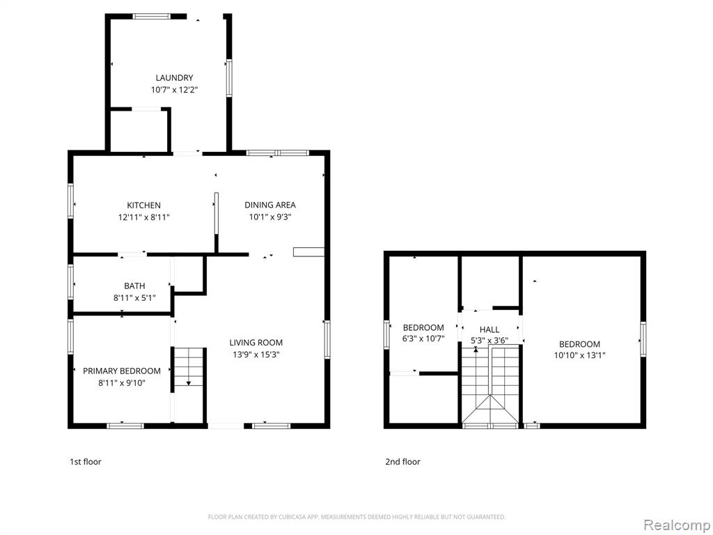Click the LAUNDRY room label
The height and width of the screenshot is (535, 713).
click(x=174, y=78)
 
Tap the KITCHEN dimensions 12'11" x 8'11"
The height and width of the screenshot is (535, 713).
click(x=143, y=217)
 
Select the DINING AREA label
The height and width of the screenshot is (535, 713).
click(x=270, y=206)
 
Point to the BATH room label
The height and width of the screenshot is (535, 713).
click(x=134, y=286)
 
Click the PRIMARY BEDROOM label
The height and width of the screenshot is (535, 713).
click(x=121, y=371)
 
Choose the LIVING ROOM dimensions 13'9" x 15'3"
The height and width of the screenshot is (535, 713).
click(x=256, y=355)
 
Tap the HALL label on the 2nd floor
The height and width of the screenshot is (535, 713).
click(x=489, y=329)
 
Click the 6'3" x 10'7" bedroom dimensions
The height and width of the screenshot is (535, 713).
click(x=423, y=339)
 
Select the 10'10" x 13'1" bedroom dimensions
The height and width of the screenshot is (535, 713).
click(x=580, y=356)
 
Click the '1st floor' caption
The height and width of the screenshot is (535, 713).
click(x=85, y=462)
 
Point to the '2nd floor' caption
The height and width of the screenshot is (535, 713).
click(x=403, y=462)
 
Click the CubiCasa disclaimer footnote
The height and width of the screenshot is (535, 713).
click(x=356, y=517)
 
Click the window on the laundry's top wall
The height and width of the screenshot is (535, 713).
click(x=151, y=17)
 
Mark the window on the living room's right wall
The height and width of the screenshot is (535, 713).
click(x=327, y=339)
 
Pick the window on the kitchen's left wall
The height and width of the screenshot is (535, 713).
click(x=71, y=201)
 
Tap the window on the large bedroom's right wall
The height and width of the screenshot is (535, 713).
click(x=643, y=339)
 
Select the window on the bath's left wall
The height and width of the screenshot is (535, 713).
click(x=71, y=282)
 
